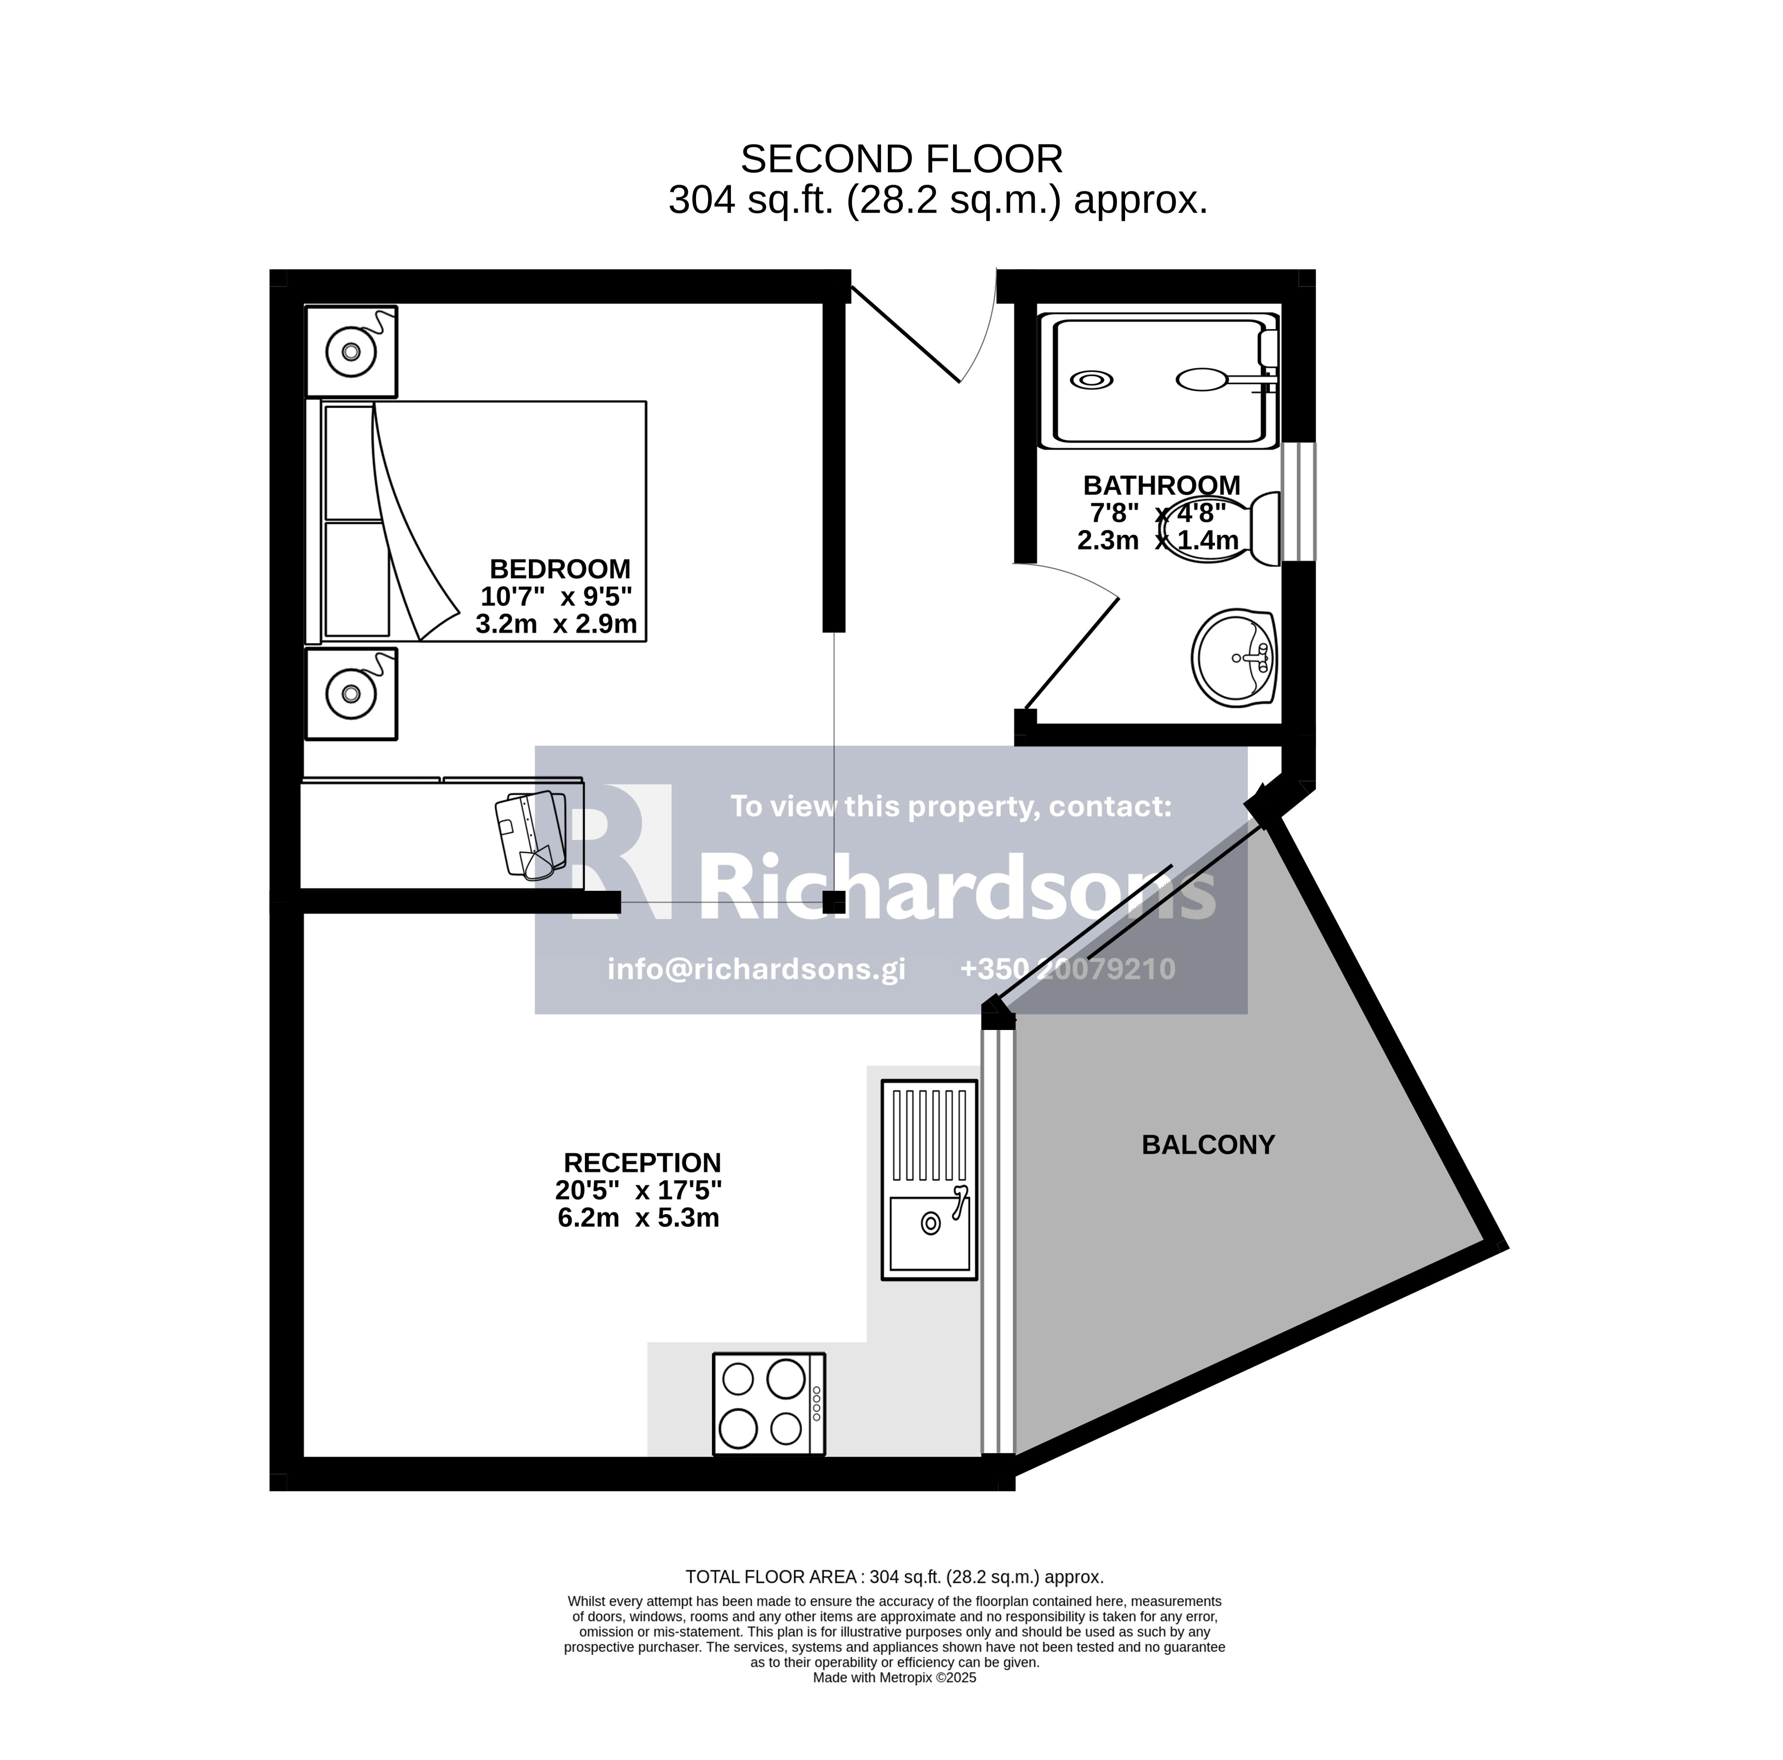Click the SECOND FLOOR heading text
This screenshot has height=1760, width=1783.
[902, 159]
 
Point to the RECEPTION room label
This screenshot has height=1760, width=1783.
[642, 1163]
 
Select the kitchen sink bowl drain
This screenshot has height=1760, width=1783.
[930, 1224]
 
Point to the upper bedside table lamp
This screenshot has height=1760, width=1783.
[351, 352]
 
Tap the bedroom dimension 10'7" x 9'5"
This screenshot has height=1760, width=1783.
[556, 596]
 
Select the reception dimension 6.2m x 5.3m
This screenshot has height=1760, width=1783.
[639, 1218]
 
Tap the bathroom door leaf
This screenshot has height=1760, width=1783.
[1071, 654]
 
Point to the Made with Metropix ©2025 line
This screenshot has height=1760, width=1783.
[894, 1678]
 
